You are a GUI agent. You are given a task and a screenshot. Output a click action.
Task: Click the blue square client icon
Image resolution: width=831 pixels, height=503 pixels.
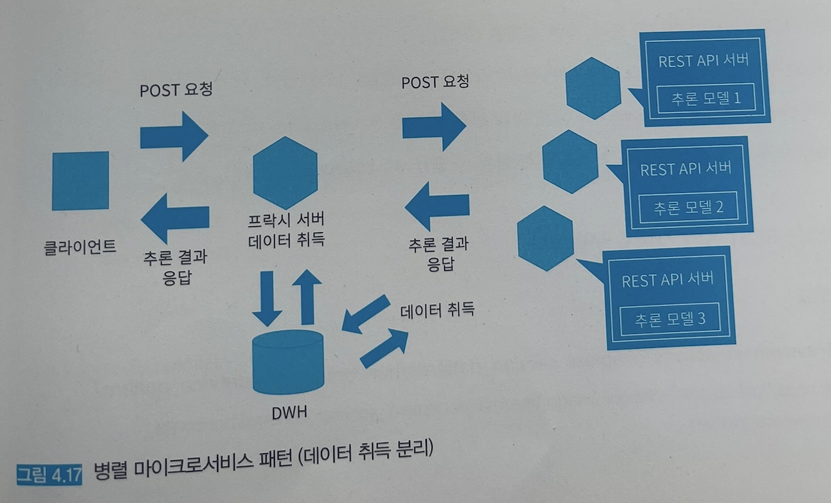pyautogui.click(x=81, y=181)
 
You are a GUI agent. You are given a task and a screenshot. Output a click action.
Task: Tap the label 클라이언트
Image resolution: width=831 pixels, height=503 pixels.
pyautogui.click(x=79, y=248)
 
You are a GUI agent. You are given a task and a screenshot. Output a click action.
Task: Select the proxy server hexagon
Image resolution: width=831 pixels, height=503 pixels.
pyautogui.click(x=286, y=173)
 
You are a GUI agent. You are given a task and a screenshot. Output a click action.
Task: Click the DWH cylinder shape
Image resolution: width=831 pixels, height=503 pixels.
pyautogui.click(x=288, y=363)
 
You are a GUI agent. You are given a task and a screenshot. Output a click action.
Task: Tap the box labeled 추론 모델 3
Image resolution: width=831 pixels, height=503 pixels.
pyautogui.click(x=670, y=319)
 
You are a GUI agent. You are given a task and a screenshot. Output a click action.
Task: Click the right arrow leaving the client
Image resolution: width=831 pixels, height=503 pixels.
pyautogui.click(x=174, y=136)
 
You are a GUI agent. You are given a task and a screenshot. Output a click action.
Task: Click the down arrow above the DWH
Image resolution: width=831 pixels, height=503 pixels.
pyautogui.click(x=268, y=297)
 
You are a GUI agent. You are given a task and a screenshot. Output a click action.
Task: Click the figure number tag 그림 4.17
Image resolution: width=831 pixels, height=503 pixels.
pyautogui.click(x=49, y=475)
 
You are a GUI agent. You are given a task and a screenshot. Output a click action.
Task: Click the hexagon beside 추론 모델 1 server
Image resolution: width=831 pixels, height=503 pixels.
pyautogui.click(x=593, y=88)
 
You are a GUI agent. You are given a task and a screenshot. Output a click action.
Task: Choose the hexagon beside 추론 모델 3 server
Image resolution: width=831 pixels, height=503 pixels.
pyautogui.click(x=545, y=238)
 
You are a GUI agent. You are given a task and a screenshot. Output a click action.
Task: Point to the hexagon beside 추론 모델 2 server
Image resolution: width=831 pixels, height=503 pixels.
pyautogui.click(x=570, y=162)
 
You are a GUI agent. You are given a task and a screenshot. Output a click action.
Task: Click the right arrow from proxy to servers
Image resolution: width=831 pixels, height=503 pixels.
pyautogui.click(x=433, y=126)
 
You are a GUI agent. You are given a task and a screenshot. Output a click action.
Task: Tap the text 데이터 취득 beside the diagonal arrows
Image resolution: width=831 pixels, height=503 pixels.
pyautogui.click(x=437, y=310)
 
